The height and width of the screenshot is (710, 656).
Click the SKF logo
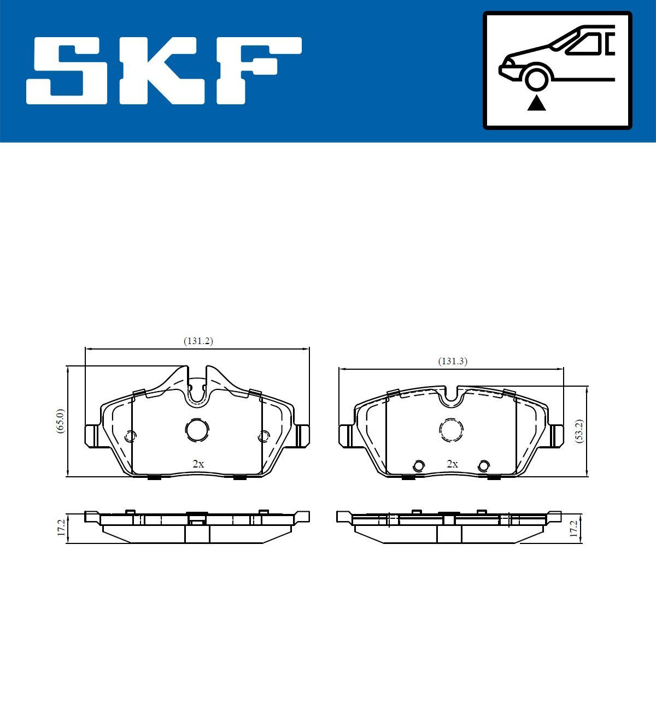tap(164, 71)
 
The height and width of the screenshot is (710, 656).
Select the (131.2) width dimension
tap(198, 341)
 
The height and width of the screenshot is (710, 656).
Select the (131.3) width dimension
tap(453, 361)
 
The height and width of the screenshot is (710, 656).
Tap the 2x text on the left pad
tap(198, 464)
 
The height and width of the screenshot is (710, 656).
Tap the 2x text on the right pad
tap(452, 464)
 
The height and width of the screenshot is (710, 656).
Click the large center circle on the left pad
tap(197, 430)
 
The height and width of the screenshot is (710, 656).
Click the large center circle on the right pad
tap(452, 430)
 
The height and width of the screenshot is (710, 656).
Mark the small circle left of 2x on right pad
tap(419, 466)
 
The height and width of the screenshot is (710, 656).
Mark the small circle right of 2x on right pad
tap(483, 466)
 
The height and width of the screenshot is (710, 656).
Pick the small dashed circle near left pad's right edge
tap(263, 436)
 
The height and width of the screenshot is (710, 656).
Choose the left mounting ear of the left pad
tap(92, 435)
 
